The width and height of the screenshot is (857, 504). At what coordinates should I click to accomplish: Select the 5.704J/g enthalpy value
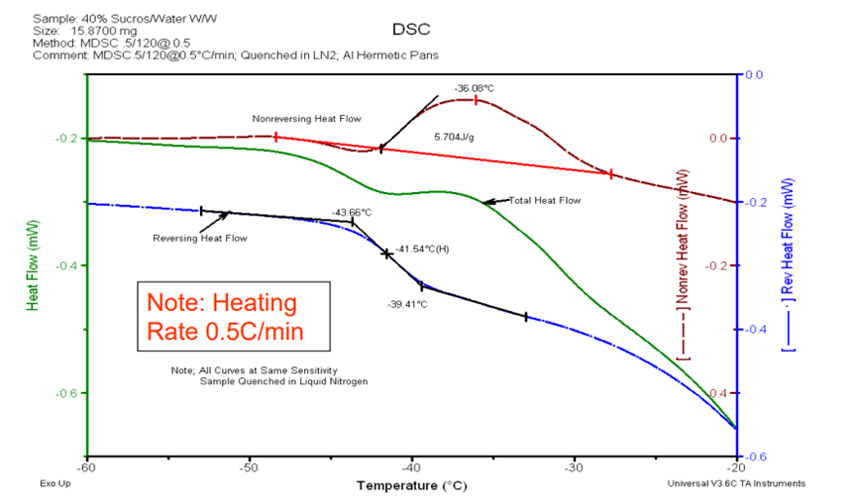454,137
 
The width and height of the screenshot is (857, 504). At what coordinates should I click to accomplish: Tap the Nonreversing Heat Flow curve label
306,119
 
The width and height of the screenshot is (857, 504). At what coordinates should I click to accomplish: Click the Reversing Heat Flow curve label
200,238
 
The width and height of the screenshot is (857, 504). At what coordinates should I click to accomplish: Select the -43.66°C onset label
351,212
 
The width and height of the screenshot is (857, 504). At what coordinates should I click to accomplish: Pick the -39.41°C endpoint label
407,304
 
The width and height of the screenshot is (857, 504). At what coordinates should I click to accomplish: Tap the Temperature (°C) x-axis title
411,486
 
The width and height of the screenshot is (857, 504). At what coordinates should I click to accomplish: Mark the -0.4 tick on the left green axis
63,265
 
